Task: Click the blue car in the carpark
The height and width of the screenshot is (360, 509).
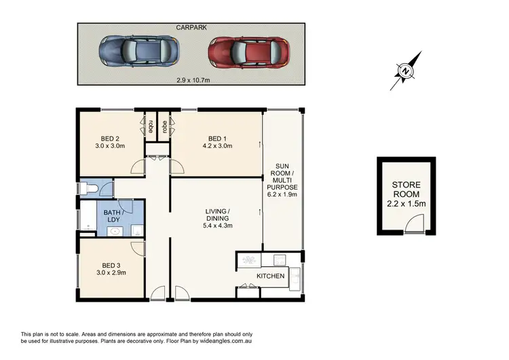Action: (140, 50)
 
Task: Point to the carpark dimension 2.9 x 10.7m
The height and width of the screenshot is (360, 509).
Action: (190, 79)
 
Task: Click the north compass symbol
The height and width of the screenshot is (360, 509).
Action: (404, 71)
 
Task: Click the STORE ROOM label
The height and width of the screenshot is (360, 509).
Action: (406, 189)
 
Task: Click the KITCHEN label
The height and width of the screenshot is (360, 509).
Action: (269, 276)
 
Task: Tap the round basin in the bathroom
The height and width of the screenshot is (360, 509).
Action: (114, 231)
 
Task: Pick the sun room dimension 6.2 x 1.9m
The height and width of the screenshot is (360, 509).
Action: (282, 194)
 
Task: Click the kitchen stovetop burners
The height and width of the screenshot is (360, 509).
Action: (249, 259)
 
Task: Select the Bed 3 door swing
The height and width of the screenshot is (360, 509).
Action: (138, 247)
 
